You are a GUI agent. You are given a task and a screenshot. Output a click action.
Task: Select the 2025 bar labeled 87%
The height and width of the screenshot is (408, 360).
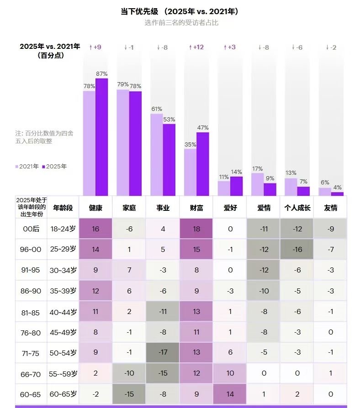101,137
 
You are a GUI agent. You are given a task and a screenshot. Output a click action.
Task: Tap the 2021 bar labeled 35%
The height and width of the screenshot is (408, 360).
190,172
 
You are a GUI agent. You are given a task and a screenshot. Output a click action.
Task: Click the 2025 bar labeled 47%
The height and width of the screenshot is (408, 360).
202,164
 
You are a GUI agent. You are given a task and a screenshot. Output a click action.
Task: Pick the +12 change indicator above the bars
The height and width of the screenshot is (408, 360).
196,47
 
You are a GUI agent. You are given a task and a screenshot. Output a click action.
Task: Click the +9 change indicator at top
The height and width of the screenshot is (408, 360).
95,47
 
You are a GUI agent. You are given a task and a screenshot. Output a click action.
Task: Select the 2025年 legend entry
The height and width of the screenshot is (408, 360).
54,167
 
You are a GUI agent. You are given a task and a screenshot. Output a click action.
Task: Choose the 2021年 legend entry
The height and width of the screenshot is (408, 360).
27,167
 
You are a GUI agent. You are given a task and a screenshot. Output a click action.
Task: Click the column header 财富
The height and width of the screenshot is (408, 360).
196,208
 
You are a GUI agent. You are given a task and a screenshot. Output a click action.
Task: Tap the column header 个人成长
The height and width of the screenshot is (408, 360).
297,208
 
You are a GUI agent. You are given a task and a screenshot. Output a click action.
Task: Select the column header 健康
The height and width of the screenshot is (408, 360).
95,208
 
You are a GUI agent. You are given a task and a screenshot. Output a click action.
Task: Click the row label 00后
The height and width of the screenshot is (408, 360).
31,229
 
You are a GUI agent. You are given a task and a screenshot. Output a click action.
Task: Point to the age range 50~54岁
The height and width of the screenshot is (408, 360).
63,353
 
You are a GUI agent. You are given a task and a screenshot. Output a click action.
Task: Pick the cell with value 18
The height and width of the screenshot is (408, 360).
196,229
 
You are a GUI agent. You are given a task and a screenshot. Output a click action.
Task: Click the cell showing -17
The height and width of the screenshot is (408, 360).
163,353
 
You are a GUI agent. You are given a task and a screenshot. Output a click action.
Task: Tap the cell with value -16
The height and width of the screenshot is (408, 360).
297,250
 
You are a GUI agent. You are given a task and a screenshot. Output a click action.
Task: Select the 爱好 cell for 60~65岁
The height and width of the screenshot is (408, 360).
230,394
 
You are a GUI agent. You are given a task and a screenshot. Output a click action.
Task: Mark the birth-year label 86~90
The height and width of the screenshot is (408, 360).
31,291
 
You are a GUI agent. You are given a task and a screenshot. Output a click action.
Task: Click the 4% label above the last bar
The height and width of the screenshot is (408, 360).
337,188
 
